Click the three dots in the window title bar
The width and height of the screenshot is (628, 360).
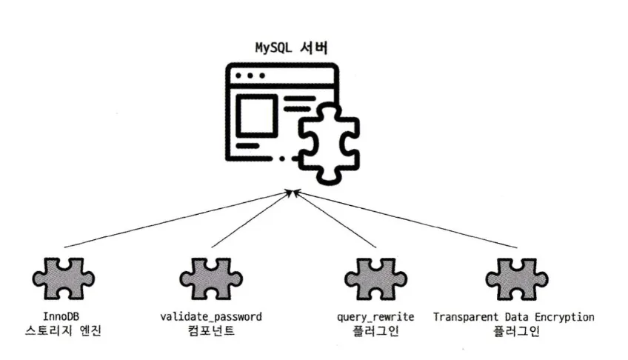pyautogui.click(x=250, y=76)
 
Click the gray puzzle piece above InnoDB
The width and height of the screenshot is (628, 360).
pyautogui.click(x=63, y=280)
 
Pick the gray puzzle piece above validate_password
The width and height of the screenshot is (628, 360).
pyautogui.click(x=210, y=280)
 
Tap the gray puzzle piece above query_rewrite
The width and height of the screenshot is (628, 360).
pyautogui.click(x=375, y=280)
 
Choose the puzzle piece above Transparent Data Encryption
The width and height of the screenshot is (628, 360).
pyautogui.click(x=516, y=280)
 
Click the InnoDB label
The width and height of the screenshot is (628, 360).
pyautogui.click(x=62, y=317)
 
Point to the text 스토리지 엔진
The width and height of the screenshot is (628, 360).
pyautogui.click(x=62, y=331)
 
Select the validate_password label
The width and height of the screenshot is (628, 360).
pyautogui.click(x=210, y=317)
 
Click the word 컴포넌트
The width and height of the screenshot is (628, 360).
pyautogui.click(x=210, y=331)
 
